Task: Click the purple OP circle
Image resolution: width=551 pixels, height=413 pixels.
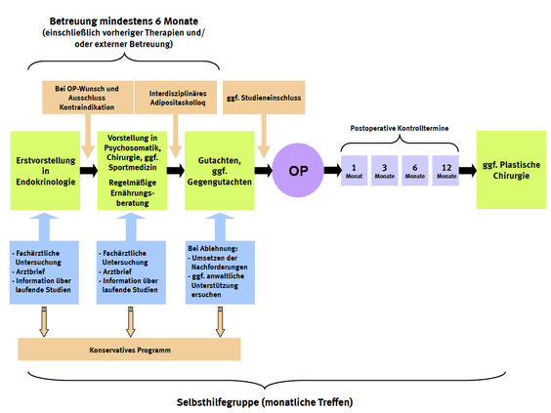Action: pyautogui.click(x=298, y=170)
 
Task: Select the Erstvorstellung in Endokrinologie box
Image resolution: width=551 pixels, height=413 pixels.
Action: pyautogui.click(x=45, y=171)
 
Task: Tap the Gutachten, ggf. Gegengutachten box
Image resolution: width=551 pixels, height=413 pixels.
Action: pyautogui.click(x=220, y=171)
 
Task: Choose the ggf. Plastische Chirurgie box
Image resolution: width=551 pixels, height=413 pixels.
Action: pyautogui.click(x=511, y=170)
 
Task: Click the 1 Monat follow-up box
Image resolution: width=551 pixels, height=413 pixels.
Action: pyautogui.click(x=355, y=171)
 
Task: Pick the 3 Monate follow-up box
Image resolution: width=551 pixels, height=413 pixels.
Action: pyautogui.click(x=385, y=171)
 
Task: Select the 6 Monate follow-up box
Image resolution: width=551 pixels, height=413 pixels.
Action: pyautogui.click(x=415, y=171)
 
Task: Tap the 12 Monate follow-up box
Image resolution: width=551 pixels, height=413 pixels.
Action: pyautogui.click(x=445, y=171)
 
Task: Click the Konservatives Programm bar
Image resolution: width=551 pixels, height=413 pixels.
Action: pyautogui.click(x=129, y=350)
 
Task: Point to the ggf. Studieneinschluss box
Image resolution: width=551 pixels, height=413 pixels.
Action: pyautogui.click(x=264, y=98)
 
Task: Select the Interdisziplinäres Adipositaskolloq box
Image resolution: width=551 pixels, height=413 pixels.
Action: pyautogui.click(x=176, y=98)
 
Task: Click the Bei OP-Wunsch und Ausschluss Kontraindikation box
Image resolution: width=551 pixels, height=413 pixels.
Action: pyautogui.click(x=88, y=98)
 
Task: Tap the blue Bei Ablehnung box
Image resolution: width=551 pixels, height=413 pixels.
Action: pyautogui.click(x=220, y=272)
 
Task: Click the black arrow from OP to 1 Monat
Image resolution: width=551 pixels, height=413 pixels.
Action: pyautogui.click(x=332, y=171)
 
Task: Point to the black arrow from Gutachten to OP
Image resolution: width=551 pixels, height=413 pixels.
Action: pyautogui.click(x=264, y=171)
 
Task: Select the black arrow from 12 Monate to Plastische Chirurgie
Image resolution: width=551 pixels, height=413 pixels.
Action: pyautogui.click(x=468, y=171)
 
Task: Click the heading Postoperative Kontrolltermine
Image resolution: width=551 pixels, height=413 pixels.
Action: pyautogui.click(x=400, y=128)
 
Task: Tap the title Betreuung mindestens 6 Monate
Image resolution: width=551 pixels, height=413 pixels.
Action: pyautogui.click(x=124, y=21)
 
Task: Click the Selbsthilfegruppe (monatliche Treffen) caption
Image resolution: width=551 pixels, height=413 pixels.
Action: pyautogui.click(x=265, y=402)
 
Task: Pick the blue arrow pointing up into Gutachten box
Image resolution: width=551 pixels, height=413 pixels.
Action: pyautogui.click(x=220, y=227)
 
